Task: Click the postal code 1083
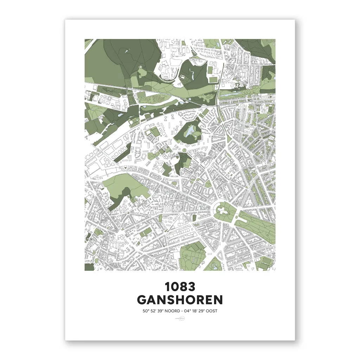(x=180, y=287)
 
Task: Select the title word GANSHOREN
(x=180, y=300)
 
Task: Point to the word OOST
(x=214, y=311)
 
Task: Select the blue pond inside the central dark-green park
(x=190, y=131)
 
